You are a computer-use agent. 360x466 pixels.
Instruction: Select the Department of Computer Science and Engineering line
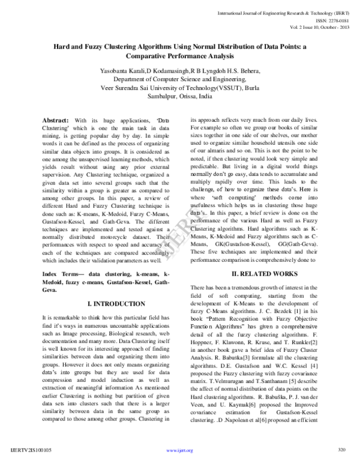[180, 79]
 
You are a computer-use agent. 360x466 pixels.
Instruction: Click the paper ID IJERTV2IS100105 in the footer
[31, 449]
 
